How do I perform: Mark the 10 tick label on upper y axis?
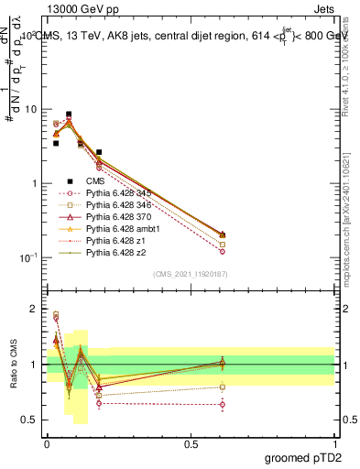29,109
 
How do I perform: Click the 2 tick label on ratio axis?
33,309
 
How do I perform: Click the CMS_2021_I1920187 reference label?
191,274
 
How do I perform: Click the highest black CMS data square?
69,115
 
